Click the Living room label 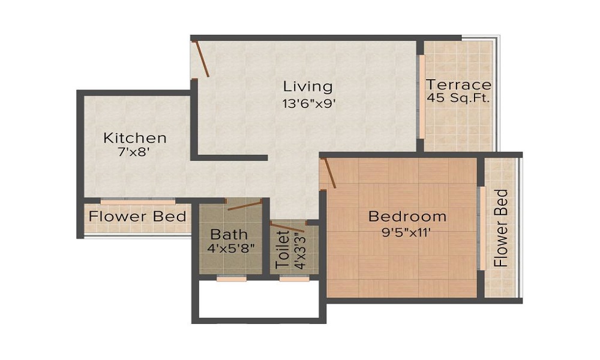[x=308, y=86]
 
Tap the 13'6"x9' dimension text [x=308, y=103]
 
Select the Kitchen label [x=135, y=138]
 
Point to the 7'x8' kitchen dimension [x=134, y=152]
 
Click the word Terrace [x=458, y=85]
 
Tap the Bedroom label [x=407, y=216]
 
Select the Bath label [x=229, y=234]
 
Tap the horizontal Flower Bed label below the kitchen [x=137, y=216]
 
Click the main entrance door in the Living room [x=201, y=58]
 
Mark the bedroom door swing [x=328, y=173]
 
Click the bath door [x=245, y=205]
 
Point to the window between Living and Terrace [x=422, y=96]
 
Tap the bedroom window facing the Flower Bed [x=481, y=228]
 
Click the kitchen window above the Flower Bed [x=137, y=202]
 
